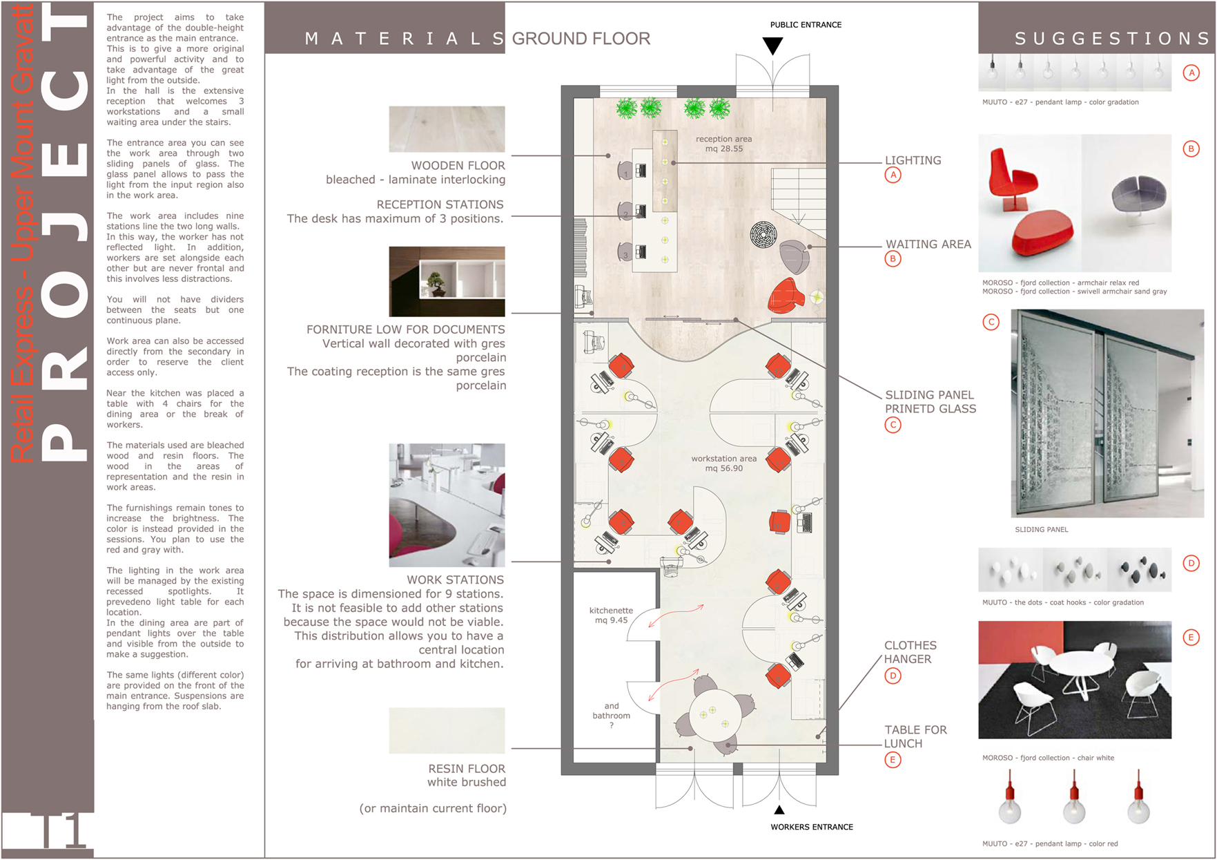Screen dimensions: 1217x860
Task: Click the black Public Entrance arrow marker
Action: tap(772, 46)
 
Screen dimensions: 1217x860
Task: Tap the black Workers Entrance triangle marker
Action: tap(779, 810)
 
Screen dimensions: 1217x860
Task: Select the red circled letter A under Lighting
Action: tap(893, 175)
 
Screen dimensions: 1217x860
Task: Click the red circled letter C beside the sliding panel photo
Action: tap(991, 322)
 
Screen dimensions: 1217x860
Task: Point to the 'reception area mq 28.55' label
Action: tap(723, 144)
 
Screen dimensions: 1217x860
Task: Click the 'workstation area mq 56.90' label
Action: tap(723, 464)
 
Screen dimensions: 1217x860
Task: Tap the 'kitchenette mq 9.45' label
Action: tap(611, 615)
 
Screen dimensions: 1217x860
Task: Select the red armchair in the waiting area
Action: tap(786, 296)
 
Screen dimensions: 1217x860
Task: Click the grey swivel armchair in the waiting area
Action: tap(795, 256)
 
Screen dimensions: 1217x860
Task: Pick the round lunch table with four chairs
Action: tap(715, 714)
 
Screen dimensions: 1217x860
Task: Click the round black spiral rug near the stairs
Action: tap(763, 234)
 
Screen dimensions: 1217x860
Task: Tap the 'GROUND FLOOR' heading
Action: tap(581, 39)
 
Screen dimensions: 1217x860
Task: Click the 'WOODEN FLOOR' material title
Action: tap(458, 166)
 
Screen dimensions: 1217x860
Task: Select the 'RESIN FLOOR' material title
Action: tap(467, 769)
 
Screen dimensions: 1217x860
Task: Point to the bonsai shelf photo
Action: tap(447, 282)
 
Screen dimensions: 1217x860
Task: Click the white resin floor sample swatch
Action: tap(447, 730)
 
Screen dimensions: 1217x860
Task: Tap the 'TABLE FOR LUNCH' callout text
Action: tap(915, 736)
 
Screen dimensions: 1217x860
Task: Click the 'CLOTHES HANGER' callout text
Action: tap(910, 652)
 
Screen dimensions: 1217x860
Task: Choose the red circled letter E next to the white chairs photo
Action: tap(1191, 638)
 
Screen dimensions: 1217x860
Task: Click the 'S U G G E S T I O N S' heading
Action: tap(1112, 39)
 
